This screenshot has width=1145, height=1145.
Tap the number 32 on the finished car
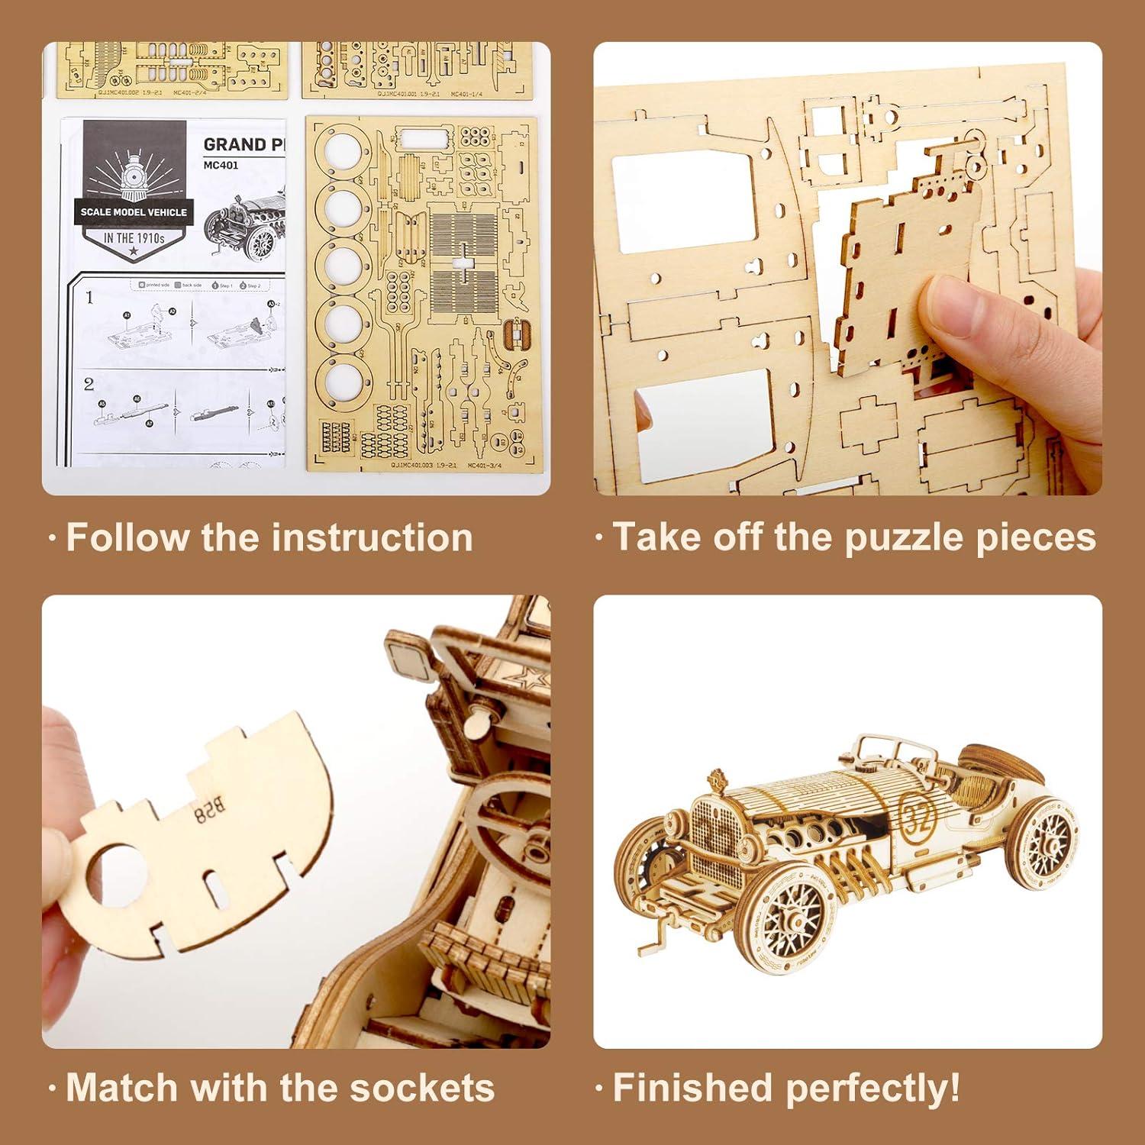click(x=918, y=818)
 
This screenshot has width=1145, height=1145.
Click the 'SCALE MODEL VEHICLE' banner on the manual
click(x=134, y=212)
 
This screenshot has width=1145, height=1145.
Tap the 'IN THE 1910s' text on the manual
click(x=134, y=238)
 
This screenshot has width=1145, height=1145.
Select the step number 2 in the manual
click(x=89, y=383)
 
